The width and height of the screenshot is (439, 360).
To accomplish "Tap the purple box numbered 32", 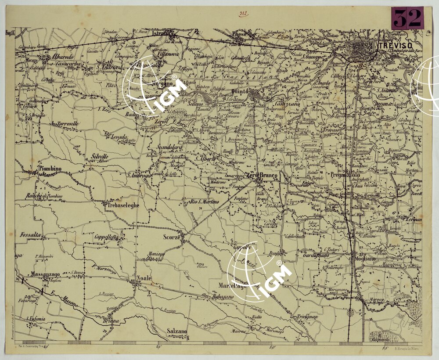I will pos(407,18).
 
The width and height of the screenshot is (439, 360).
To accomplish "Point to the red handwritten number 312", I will pos(244,14).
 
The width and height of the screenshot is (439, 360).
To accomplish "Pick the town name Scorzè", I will pos(172,237).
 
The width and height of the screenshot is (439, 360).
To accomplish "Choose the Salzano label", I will pos(177,331).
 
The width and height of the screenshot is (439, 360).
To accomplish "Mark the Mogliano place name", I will pos(363,259).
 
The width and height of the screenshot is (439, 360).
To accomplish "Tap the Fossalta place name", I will pos(30,235).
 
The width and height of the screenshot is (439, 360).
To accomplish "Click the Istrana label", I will pos(161,33).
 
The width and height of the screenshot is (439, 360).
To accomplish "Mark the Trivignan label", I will pos(307,317).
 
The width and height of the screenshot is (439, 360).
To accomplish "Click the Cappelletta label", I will pos(106,237).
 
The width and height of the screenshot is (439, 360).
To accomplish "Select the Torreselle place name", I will pos(66,124).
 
